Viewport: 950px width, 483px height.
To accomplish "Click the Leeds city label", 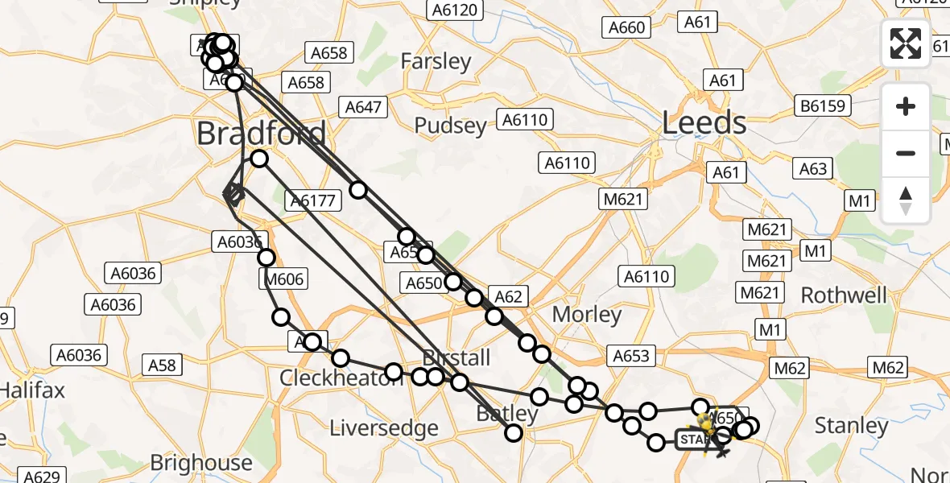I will click(x=704, y=123).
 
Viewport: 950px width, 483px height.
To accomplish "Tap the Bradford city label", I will click(x=262, y=134).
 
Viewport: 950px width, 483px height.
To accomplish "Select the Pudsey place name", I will click(x=450, y=126).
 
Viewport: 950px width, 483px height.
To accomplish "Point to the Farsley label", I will click(x=436, y=61).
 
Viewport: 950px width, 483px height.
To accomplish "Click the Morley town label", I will click(x=587, y=314).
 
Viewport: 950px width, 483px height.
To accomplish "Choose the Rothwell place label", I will click(x=844, y=295).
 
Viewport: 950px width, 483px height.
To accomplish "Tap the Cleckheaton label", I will click(x=341, y=378).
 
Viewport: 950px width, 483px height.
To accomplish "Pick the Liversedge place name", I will click(x=384, y=427).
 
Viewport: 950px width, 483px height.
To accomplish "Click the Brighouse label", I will click(x=201, y=463).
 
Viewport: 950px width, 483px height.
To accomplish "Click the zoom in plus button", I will click(x=906, y=106).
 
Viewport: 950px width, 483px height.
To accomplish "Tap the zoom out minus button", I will click(x=906, y=153).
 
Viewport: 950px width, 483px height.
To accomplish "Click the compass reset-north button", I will click(x=906, y=200).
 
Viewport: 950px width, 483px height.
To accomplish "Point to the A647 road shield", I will click(x=363, y=107).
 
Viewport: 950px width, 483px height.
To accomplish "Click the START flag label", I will click(x=694, y=440).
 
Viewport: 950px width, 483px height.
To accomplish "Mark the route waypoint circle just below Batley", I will click(x=514, y=434).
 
